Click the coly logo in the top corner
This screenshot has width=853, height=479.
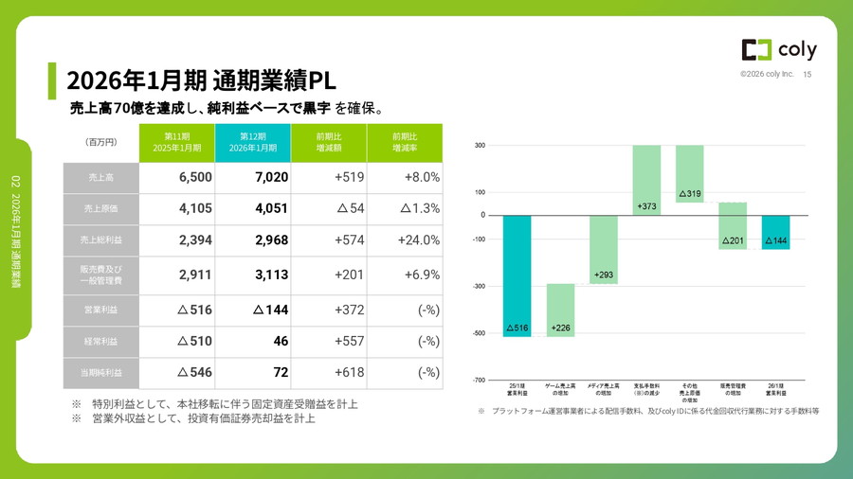pyautogui.click(x=778, y=50)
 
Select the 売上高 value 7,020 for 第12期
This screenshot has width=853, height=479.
pyautogui.click(x=258, y=177)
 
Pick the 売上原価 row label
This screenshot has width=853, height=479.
pyautogui.click(x=100, y=208)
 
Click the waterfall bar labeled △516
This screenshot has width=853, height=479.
pyautogui.click(x=517, y=275)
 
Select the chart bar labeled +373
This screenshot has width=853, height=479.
pyautogui.click(x=646, y=180)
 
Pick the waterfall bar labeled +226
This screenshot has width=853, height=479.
pyautogui.click(x=560, y=310)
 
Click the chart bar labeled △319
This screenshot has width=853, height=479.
pyautogui.click(x=689, y=174)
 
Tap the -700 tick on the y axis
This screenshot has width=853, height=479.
pyautogui.click(x=479, y=380)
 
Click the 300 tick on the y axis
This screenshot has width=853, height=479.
pyautogui.click(x=480, y=145)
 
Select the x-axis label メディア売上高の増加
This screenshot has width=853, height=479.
pyautogui.click(x=604, y=391)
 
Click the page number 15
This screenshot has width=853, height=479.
pyautogui.click(x=808, y=75)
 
